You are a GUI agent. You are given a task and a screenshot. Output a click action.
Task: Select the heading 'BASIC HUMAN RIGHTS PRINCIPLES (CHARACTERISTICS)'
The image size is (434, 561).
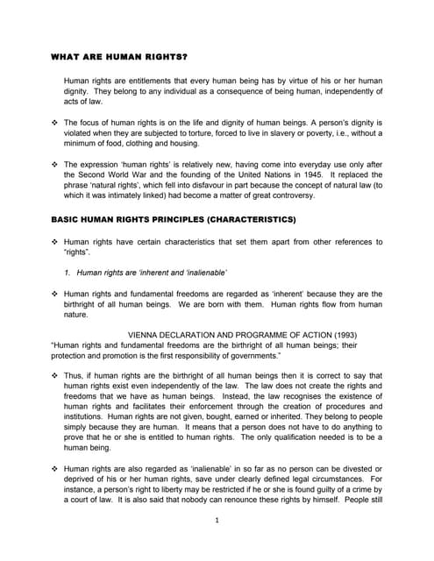[x=174, y=218]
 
